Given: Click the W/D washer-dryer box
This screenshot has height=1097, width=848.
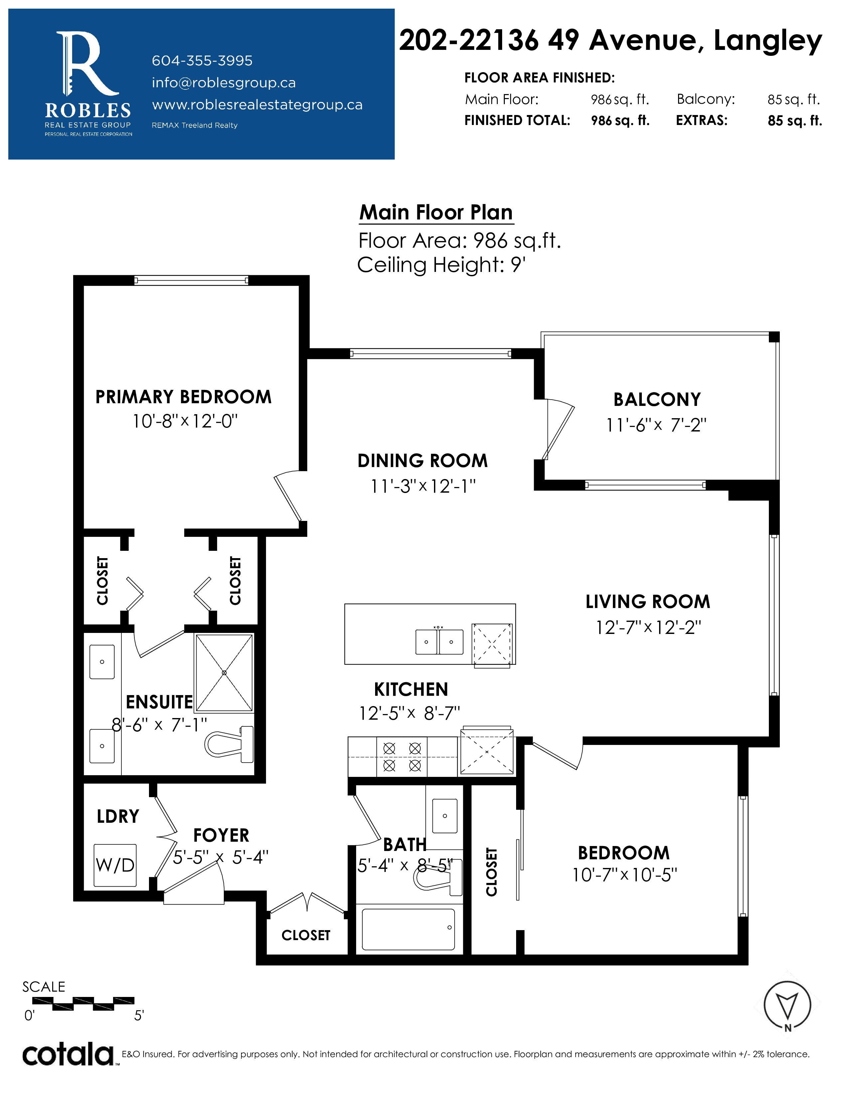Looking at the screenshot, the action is point(115,865).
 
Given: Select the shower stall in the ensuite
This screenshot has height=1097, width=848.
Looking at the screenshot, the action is point(224,672).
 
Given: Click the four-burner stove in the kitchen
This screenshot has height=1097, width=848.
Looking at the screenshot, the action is point(402,757).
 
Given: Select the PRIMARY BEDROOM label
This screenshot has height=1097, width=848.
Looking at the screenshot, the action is point(183,397).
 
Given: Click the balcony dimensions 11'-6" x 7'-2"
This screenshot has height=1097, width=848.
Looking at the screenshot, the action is point(656,425).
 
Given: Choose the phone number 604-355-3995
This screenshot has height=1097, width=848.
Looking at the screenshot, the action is point(202,61).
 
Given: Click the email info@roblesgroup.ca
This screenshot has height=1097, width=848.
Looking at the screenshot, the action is point(223,83).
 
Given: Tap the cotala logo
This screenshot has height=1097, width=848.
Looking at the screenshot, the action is point(68,1054).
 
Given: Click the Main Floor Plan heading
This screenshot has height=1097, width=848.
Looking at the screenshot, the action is point(436,212).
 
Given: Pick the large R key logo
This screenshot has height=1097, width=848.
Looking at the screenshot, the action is point(88,64).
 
